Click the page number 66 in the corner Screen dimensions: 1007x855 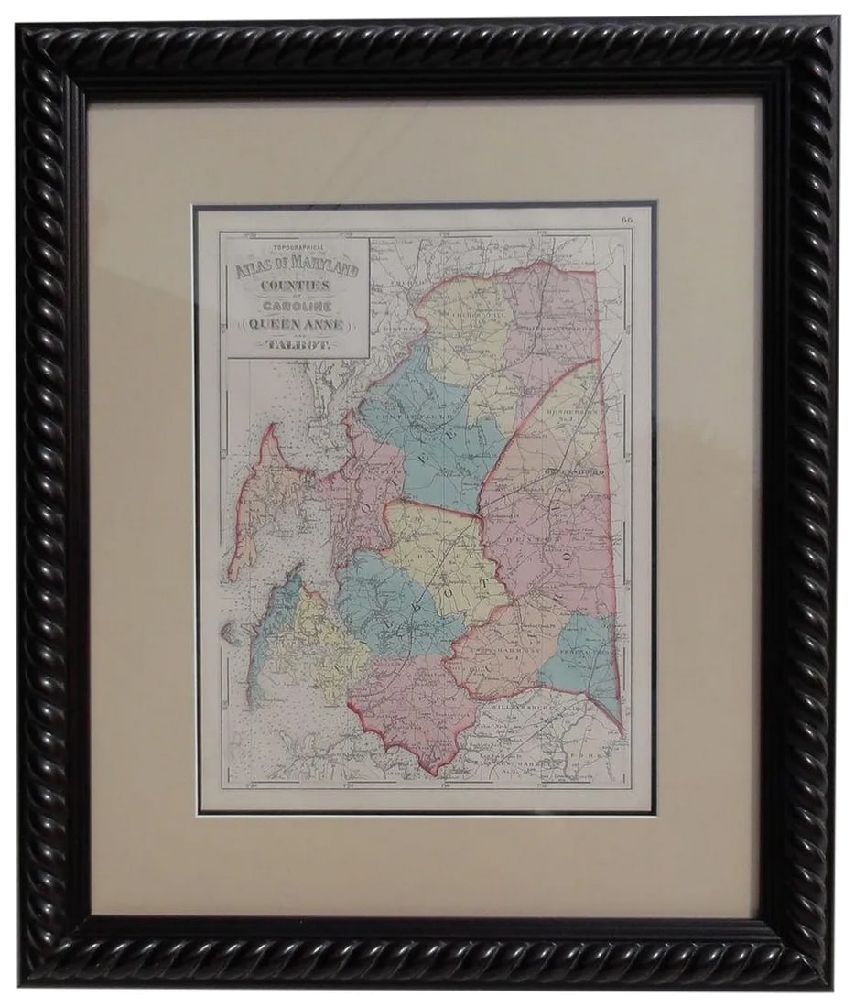(627, 219)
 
